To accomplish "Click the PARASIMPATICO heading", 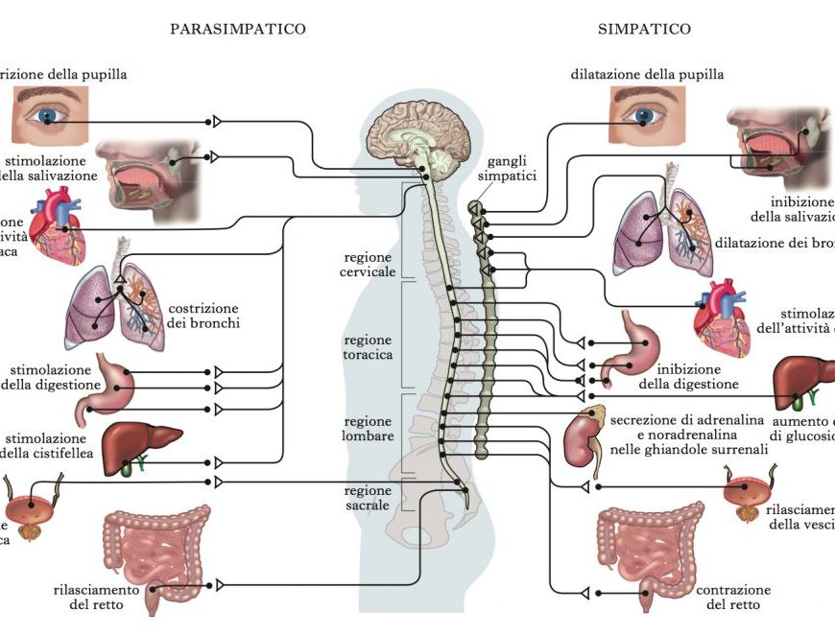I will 238,29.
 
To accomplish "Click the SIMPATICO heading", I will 644,29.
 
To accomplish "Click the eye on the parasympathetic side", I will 50,115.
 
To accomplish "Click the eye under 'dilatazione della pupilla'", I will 646,113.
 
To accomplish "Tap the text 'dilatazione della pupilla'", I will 647,74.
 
